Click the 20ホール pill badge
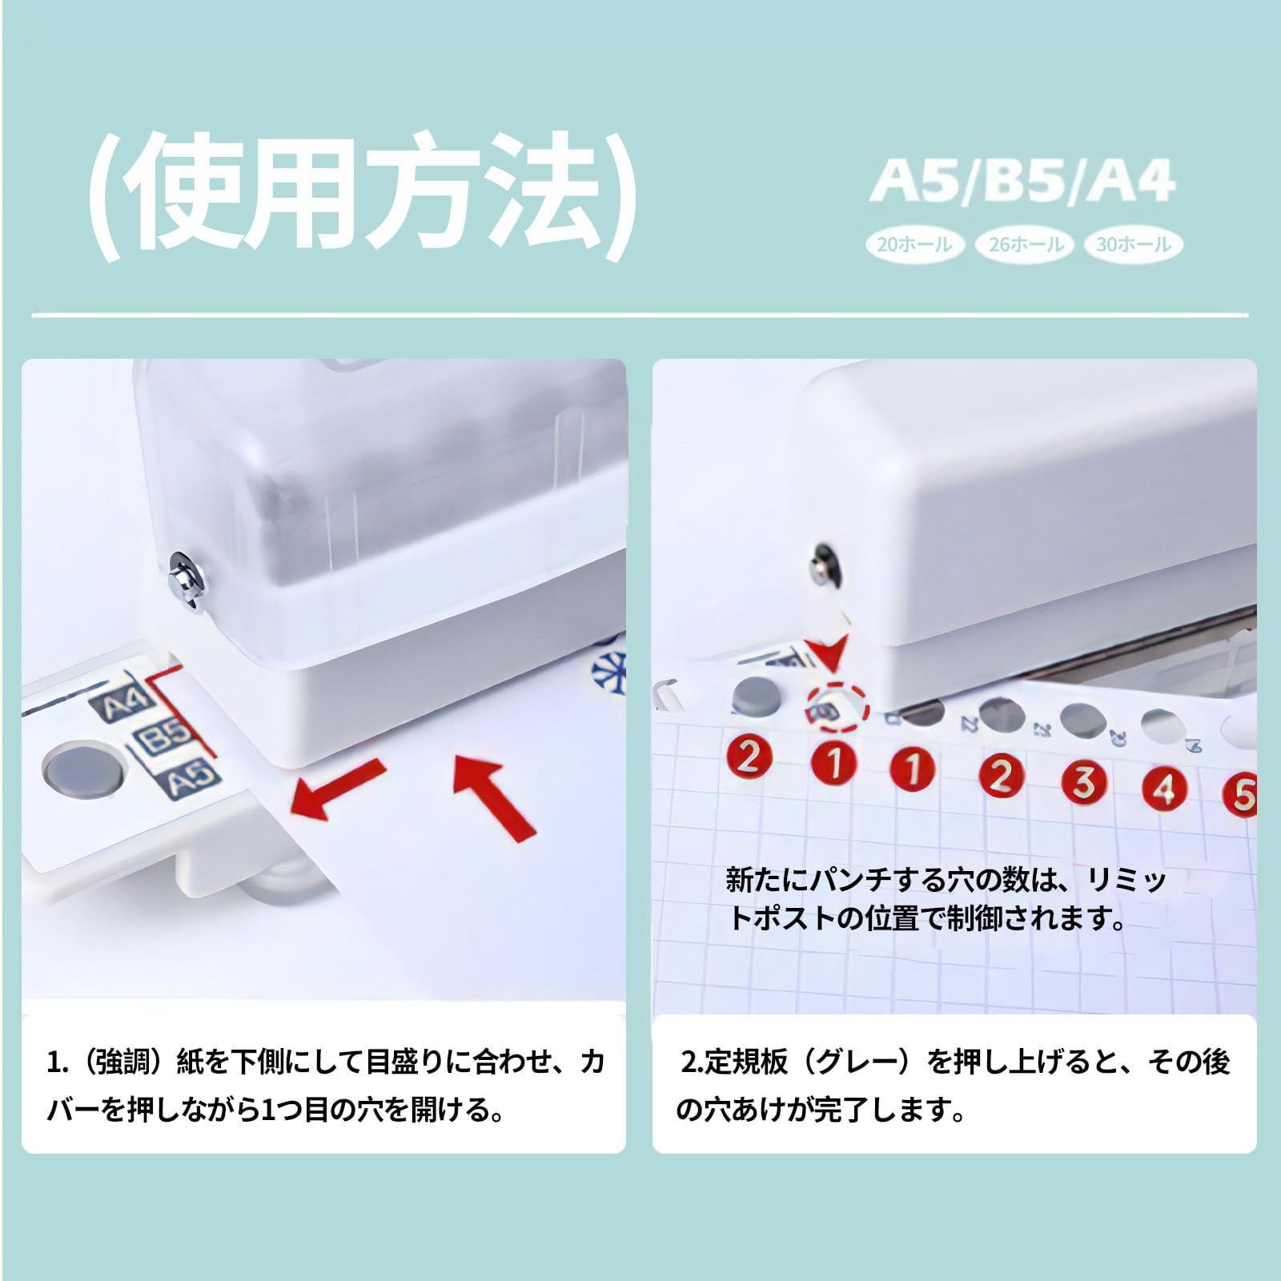914,244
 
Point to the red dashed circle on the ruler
836,705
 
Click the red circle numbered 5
1241,794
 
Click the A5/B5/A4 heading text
1022,183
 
